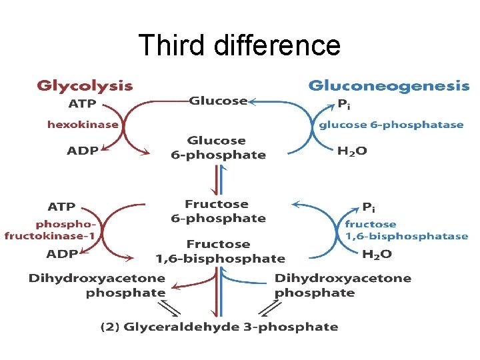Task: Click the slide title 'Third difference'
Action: click(x=239, y=45)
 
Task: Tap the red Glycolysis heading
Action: click(x=85, y=86)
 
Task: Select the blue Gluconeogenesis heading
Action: click(x=389, y=86)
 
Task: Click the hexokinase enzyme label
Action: click(x=83, y=124)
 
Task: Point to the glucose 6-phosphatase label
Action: click(x=391, y=125)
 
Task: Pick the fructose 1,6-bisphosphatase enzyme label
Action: click(x=406, y=230)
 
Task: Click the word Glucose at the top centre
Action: click(x=218, y=101)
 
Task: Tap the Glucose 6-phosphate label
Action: click(x=217, y=148)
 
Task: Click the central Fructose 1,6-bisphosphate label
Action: click(x=220, y=251)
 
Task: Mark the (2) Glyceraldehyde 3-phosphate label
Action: click(x=219, y=327)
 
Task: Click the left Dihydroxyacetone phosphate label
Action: click(x=97, y=285)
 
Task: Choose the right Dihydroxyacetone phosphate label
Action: click(x=343, y=285)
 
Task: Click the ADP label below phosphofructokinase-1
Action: click(x=61, y=254)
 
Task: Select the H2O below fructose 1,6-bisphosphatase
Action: click(x=377, y=254)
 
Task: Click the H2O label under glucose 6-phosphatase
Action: click(x=352, y=151)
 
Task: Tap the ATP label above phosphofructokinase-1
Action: click(x=61, y=206)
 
